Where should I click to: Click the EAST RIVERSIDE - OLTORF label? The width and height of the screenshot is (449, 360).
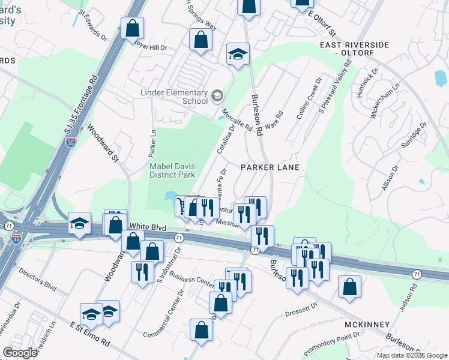point(354,49)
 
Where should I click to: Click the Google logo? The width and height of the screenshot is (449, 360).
point(20,353)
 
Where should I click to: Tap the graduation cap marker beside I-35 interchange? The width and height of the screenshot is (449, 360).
point(79,223)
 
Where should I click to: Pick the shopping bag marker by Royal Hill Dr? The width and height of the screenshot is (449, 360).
point(132,27)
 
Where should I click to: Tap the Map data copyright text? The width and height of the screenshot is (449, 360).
point(411,355)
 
